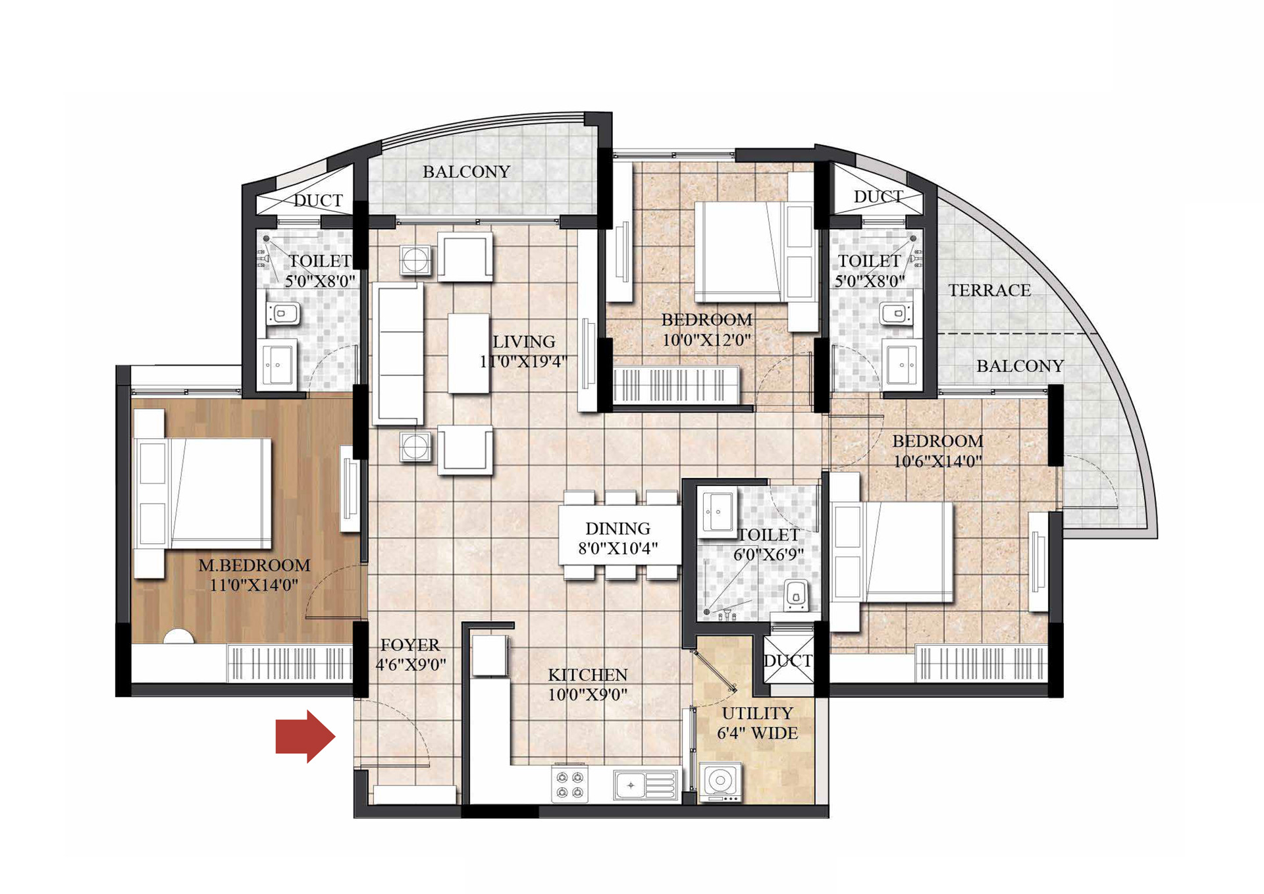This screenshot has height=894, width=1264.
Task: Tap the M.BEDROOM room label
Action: tap(254, 565)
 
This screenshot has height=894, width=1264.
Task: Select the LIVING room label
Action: tap(524, 342)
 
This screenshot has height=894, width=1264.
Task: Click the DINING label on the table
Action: tap(618, 528)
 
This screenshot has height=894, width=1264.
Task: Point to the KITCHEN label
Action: tap(588, 675)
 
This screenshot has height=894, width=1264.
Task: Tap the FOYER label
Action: tap(409, 644)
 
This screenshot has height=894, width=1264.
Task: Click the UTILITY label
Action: tap(757, 713)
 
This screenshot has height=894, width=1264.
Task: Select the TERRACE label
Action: tap(989, 290)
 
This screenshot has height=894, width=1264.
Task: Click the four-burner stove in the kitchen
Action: tap(570, 784)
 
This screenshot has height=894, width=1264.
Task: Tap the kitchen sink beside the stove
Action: tap(646, 785)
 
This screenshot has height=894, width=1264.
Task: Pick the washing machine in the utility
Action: tap(720, 782)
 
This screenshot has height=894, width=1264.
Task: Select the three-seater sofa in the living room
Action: tap(398, 354)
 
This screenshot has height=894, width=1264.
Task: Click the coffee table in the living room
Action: tap(468, 354)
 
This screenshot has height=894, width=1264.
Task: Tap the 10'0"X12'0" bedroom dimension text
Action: tap(706, 340)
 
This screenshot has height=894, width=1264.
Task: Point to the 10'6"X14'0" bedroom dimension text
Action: tap(937, 461)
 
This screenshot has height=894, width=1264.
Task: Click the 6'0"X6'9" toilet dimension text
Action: tap(768, 554)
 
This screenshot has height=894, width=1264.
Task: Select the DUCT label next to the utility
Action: tap(788, 660)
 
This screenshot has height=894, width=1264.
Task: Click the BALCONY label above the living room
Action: tap(466, 172)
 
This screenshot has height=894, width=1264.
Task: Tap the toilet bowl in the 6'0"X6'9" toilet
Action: tap(796, 594)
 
